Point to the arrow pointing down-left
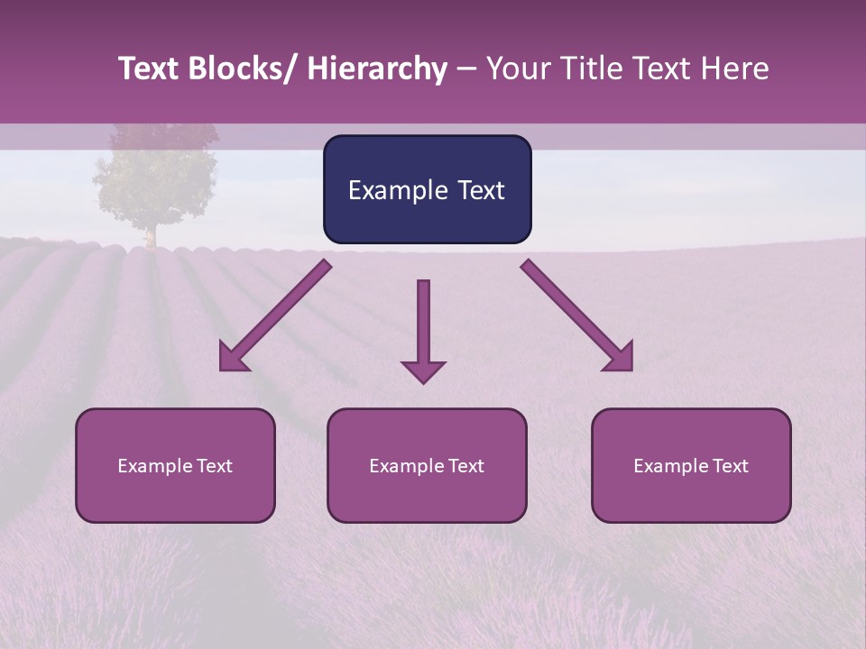(274, 315)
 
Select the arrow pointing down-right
(577, 315)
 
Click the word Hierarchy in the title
(376, 69)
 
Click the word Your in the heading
(520, 69)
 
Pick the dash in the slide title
(466, 69)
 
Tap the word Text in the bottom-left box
(214, 466)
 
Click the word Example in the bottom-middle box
(407, 466)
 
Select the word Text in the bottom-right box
(730, 466)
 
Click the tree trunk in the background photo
(151, 235)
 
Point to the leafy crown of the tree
(155, 176)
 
